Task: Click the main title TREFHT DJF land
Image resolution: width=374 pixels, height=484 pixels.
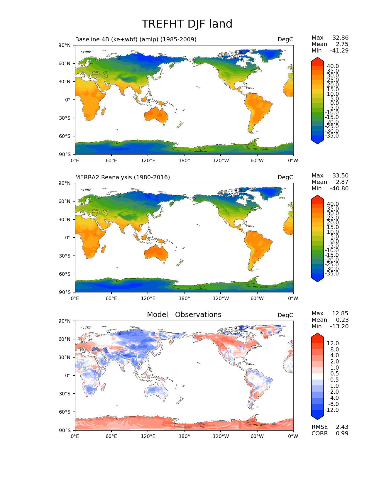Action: tap(187, 24)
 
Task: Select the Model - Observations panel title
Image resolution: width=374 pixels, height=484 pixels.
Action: tap(184, 315)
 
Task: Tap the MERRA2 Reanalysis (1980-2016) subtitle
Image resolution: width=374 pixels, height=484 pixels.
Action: tap(122, 177)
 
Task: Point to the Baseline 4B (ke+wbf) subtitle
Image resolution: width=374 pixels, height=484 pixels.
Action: tap(136, 39)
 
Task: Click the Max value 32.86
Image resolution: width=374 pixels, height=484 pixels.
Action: tap(340, 38)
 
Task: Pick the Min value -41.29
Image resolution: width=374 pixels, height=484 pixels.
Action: tap(339, 50)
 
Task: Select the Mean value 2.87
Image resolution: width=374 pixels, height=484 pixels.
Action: tap(342, 182)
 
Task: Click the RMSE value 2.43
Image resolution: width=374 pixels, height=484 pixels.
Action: tap(342, 427)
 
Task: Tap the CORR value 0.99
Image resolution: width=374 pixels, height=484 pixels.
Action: tap(342, 433)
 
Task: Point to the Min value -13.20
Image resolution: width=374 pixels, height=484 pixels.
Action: tap(339, 326)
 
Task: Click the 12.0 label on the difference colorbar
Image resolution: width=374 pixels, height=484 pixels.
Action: tap(333, 343)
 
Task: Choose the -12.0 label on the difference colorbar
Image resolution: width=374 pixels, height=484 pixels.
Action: tap(332, 410)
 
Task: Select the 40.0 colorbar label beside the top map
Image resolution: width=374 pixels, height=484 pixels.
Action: tap(333, 66)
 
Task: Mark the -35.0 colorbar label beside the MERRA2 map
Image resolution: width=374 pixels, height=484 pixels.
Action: tap(332, 273)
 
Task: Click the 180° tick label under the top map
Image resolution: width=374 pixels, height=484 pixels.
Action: tap(184, 160)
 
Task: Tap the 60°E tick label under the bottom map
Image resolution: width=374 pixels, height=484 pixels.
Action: tap(111, 436)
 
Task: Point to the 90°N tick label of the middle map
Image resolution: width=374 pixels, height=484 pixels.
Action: tap(65, 183)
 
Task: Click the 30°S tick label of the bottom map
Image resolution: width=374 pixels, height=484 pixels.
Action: tap(65, 394)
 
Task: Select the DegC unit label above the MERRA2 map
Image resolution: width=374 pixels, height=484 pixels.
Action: tap(285, 177)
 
